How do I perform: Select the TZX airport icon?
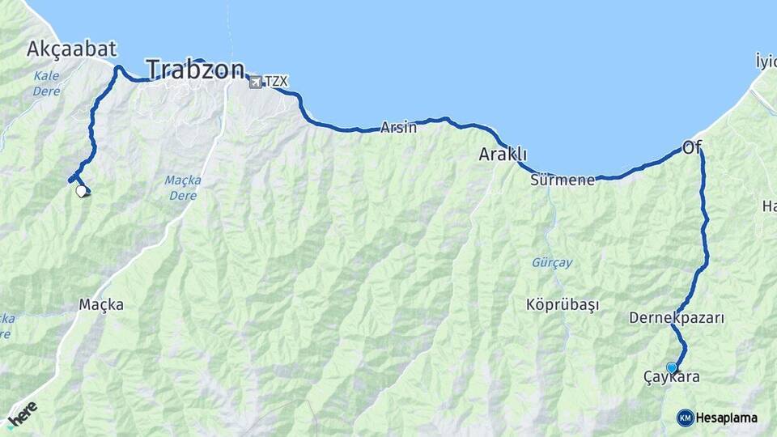[256, 81]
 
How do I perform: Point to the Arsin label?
[399, 127]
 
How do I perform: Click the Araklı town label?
[503, 154]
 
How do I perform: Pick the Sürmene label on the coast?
[563, 180]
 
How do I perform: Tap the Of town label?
[691, 146]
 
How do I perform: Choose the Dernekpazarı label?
[677, 318]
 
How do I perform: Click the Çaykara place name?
[671, 377]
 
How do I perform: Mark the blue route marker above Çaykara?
[671, 367]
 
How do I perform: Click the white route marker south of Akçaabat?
[81, 191]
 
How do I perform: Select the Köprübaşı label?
[563, 305]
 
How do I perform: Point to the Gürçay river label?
[552, 262]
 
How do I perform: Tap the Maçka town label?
[101, 305]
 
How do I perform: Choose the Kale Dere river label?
[47, 83]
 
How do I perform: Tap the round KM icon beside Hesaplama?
[685, 418]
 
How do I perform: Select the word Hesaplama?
[726, 418]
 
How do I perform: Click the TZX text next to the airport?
[276, 81]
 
